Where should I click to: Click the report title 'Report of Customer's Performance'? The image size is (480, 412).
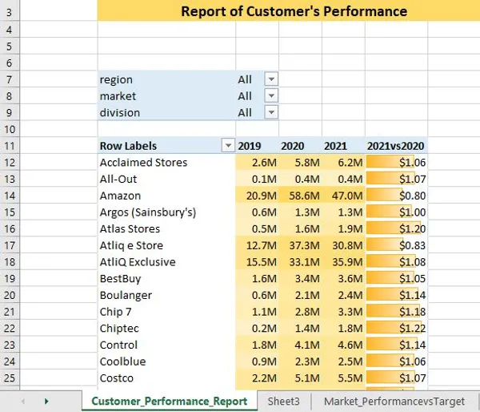(x=294, y=11)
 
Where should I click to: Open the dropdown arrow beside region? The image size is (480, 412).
(x=271, y=79)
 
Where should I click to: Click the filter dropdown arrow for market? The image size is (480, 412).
(x=271, y=96)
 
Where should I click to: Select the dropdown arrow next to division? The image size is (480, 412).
(x=271, y=113)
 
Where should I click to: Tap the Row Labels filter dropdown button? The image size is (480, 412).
(x=228, y=146)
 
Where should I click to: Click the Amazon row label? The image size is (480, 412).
(x=120, y=196)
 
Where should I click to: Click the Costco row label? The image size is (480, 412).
(x=117, y=378)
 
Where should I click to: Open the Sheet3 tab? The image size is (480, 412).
(x=284, y=400)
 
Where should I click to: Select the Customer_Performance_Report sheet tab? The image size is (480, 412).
(x=169, y=400)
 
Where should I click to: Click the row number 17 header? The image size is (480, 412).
(x=10, y=245)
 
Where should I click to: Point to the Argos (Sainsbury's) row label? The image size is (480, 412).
(x=147, y=212)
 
